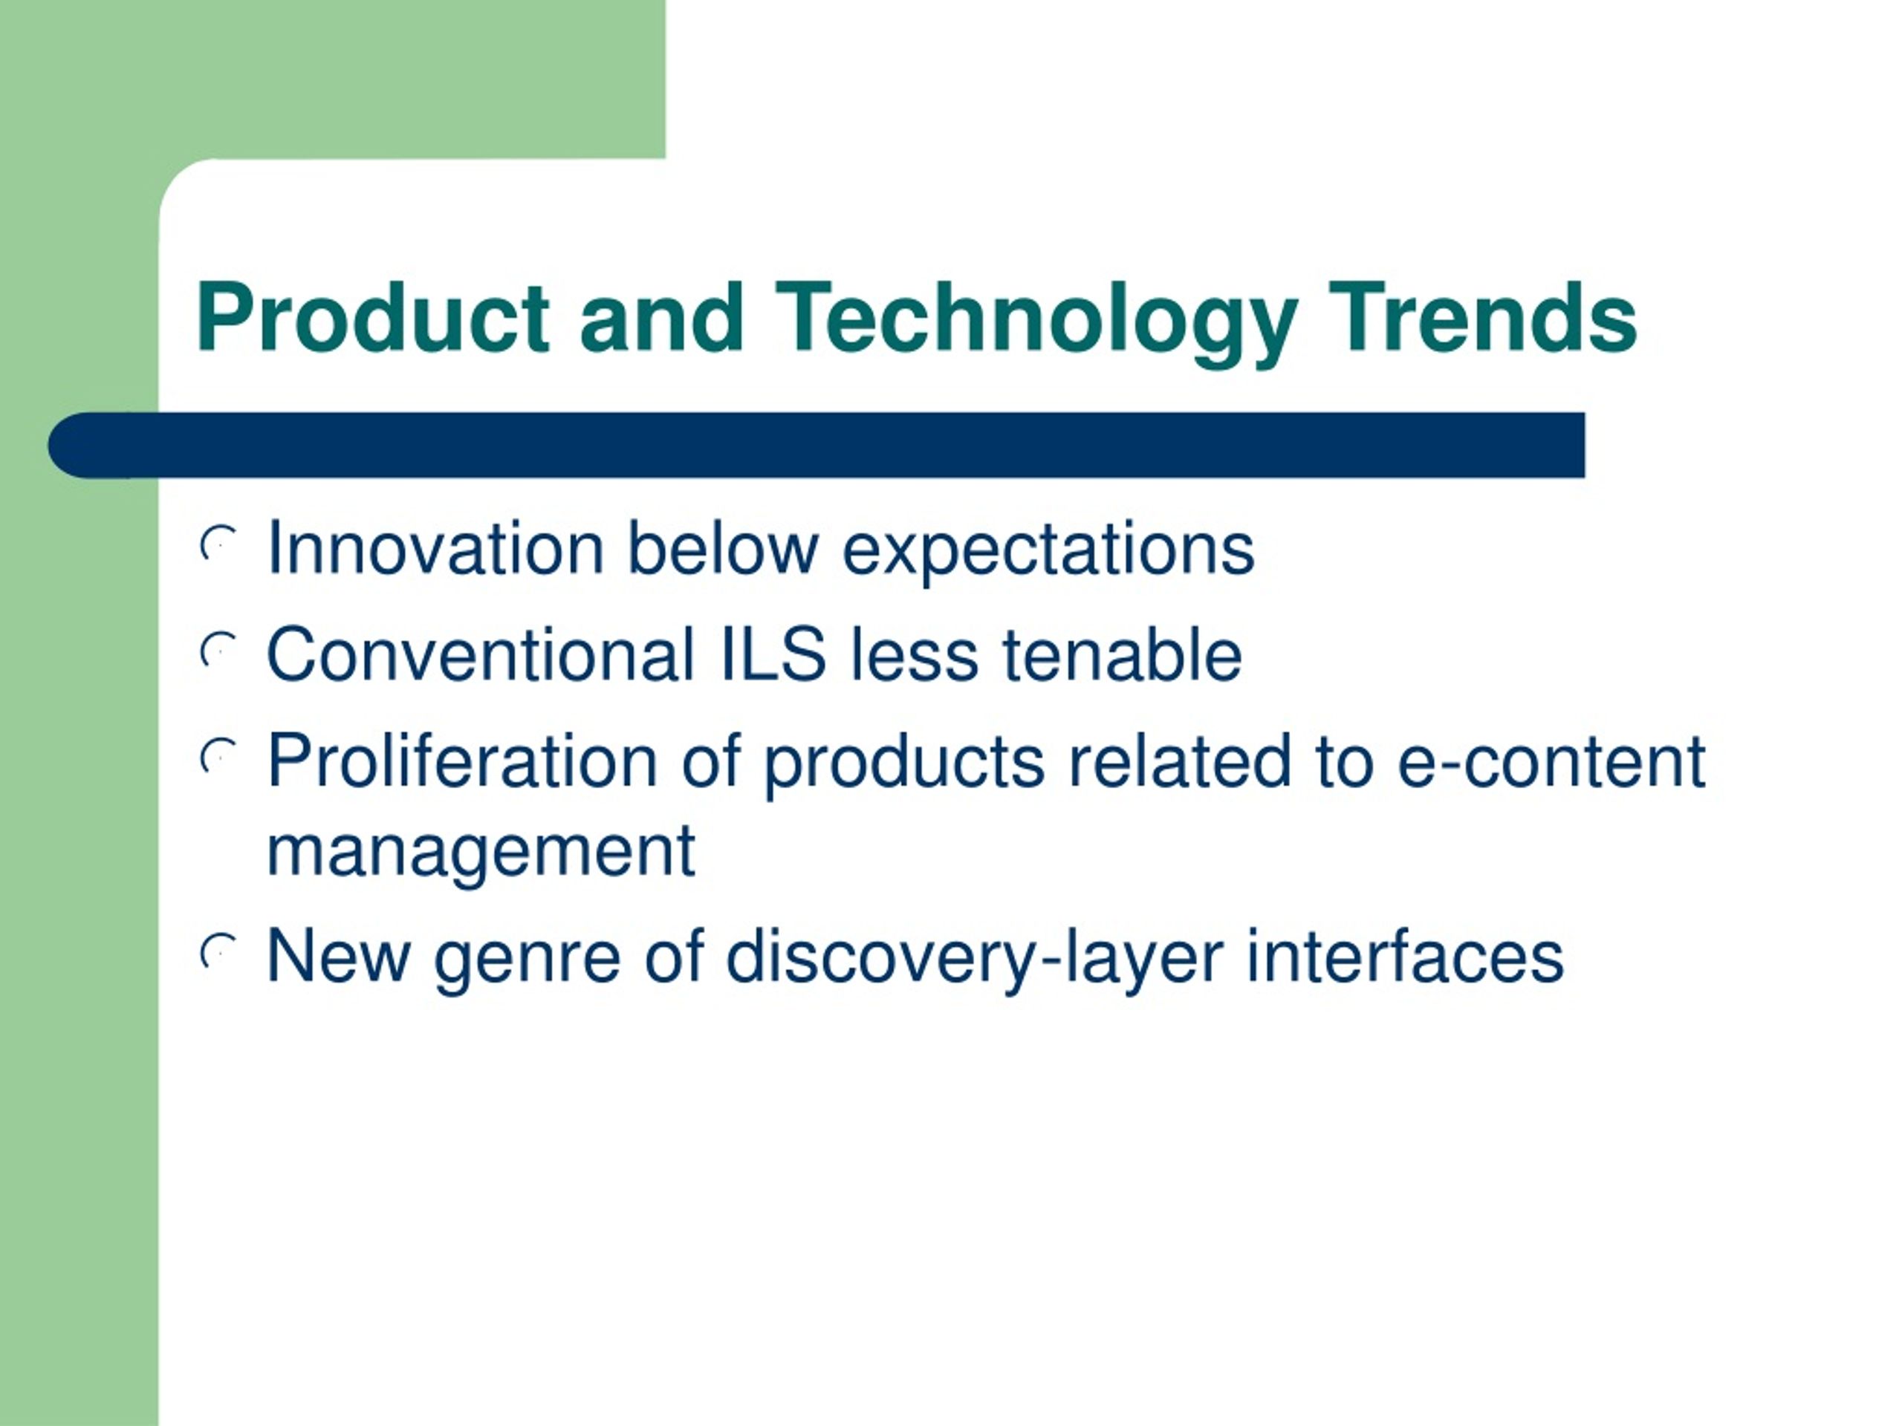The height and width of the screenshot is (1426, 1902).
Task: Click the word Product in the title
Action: point(372,317)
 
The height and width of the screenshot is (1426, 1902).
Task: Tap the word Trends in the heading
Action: point(1481,317)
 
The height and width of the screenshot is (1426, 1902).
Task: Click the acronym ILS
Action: point(772,654)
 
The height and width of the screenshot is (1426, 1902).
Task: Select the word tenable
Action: point(1122,654)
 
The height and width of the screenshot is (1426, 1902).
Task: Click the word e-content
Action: point(1551,763)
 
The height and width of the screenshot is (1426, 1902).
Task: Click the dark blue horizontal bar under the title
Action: point(816,445)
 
